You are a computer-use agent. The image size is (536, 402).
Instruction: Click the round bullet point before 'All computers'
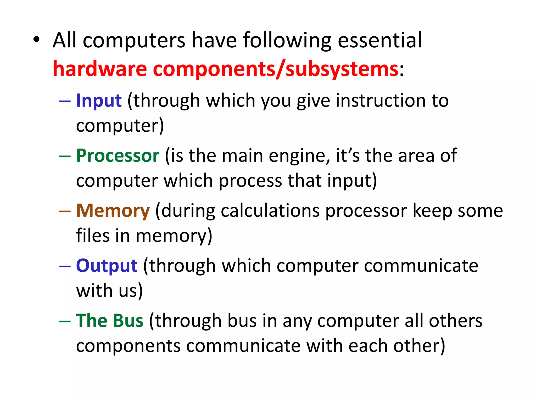36,40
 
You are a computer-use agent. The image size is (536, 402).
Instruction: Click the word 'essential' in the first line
380,40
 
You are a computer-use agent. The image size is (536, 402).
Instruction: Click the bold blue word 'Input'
99,101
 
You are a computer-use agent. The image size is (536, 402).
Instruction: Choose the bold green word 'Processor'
118,156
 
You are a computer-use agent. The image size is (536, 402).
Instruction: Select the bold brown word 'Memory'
113,211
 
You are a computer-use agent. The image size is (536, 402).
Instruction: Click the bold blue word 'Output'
107,266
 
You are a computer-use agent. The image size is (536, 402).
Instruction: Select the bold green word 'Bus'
128,321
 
